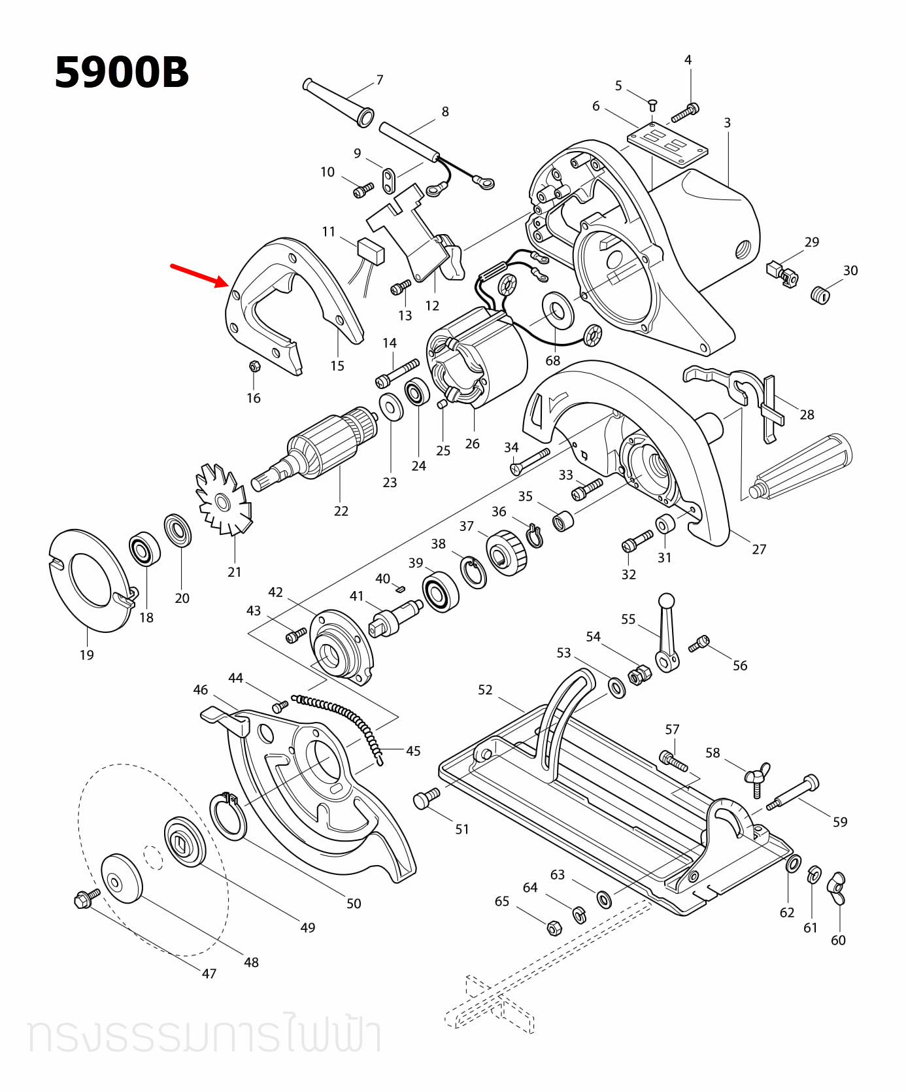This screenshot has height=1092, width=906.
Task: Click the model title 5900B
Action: (x=122, y=73)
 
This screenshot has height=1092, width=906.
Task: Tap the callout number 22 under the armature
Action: (x=341, y=511)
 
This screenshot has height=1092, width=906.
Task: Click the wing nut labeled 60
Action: (x=837, y=888)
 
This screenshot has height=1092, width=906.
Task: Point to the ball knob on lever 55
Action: (x=666, y=600)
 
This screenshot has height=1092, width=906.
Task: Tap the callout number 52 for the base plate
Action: (x=484, y=690)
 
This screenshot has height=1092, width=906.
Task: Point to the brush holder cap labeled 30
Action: (x=820, y=295)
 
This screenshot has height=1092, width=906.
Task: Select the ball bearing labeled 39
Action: (x=441, y=591)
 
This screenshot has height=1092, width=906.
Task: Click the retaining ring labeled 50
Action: (x=228, y=816)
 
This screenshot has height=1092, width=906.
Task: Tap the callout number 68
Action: (x=553, y=360)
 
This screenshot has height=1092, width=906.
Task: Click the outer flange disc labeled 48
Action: (x=122, y=878)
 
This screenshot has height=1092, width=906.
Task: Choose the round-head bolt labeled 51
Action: (x=426, y=798)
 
